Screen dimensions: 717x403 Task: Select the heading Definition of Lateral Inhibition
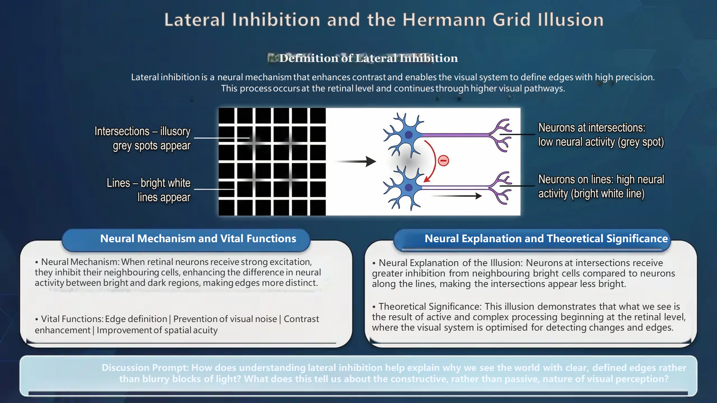(369, 58)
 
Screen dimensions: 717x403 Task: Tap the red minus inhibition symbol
(443, 160)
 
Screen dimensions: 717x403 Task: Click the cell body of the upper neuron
(409, 135)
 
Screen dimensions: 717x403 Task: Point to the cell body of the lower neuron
(409, 187)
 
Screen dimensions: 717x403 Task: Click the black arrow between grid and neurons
(355, 161)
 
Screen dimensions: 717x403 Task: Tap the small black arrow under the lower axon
(457, 196)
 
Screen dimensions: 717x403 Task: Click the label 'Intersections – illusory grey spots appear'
(142, 138)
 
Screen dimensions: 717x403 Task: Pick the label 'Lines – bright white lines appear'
(149, 190)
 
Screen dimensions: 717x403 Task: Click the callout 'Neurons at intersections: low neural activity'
(601, 135)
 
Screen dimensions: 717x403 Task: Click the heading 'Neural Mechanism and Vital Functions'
(198, 238)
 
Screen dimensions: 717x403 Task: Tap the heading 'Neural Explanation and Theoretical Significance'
(546, 238)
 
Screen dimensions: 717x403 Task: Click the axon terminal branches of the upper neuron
(500, 135)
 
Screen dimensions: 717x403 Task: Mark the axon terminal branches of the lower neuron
(500, 188)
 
